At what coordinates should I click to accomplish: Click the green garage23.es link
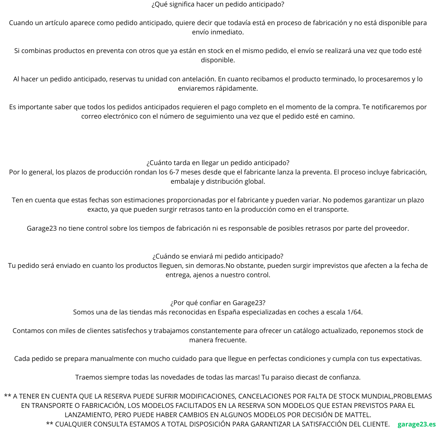click(416, 424)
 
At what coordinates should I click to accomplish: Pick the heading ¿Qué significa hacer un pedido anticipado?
click(218, 4)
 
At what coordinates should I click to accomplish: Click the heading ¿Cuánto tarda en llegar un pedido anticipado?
click(218, 163)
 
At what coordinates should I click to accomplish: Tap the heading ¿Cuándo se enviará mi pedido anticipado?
click(218, 256)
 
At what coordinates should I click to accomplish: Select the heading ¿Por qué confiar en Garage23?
click(218, 303)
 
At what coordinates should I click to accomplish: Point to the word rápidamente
click(238, 88)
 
